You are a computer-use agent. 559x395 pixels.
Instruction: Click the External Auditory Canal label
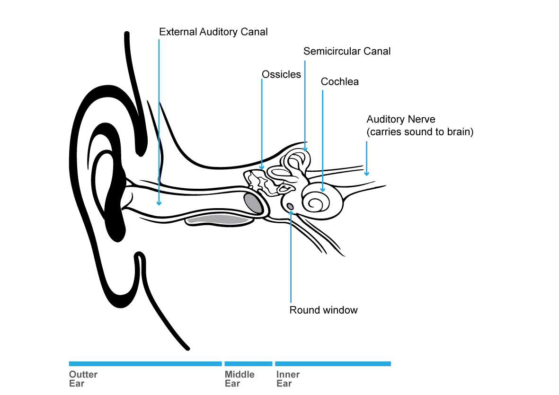(213, 32)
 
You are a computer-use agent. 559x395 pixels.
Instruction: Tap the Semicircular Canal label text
(347, 51)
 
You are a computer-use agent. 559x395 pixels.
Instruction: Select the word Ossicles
(281, 74)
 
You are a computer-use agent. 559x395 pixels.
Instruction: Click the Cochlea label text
(339, 82)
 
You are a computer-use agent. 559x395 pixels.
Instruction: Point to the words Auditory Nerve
(400, 120)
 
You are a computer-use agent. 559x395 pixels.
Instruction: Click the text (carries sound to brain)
(420, 132)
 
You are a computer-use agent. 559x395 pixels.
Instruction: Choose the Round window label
(323, 310)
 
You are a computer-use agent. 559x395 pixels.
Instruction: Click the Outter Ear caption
(83, 378)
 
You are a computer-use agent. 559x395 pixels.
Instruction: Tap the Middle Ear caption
(239, 378)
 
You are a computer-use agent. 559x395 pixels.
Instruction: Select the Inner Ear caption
(288, 378)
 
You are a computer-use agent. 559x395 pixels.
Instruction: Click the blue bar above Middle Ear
(248, 364)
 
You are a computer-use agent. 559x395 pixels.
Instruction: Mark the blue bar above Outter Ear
(145, 364)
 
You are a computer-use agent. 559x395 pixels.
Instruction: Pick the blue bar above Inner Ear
(332, 364)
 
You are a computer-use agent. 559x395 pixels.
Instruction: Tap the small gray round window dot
(290, 206)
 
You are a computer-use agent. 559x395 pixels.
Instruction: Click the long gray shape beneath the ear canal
(218, 219)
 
